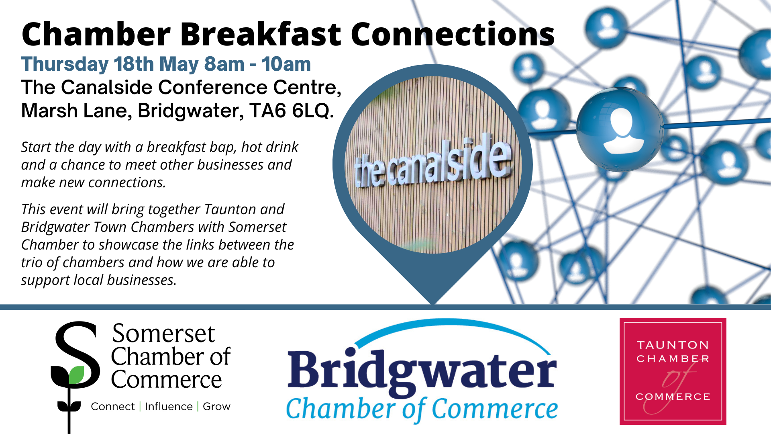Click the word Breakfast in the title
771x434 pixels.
pyautogui.click(x=260, y=35)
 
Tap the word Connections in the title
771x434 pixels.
pyautogui.click(x=453, y=35)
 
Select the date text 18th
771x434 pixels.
pyautogui.click(x=133, y=64)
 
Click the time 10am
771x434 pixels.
pyautogui.click(x=286, y=64)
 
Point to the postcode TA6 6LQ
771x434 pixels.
pyautogui.click(x=291, y=111)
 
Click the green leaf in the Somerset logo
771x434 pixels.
pyautogui.click(x=76, y=375)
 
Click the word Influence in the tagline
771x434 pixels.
pyautogui.click(x=169, y=407)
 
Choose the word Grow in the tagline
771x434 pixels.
pyautogui.click(x=216, y=407)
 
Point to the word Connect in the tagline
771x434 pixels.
pyautogui.click(x=112, y=407)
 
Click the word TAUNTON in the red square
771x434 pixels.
pyautogui.click(x=673, y=345)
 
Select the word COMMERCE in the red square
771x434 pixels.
pyautogui.click(x=673, y=397)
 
